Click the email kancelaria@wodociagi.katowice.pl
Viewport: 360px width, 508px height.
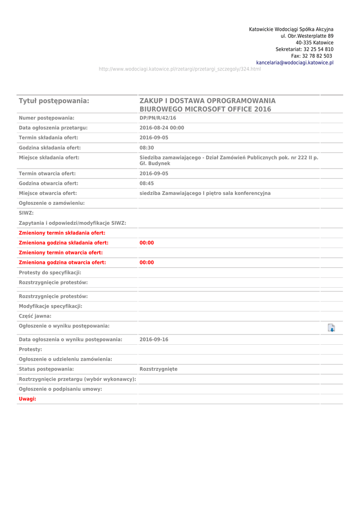294,63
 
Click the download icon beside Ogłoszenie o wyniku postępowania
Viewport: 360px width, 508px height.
331,327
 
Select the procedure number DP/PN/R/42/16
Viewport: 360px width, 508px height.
158,118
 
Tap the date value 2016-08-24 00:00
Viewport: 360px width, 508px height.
162,128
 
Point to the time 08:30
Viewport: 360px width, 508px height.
146,148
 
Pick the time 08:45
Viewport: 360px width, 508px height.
146,184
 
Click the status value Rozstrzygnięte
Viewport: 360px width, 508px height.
158,369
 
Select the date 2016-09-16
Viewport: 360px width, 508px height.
154,340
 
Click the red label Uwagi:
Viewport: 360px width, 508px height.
27,399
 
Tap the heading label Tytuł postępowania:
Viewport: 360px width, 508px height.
54,101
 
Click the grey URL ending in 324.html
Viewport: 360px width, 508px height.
180,69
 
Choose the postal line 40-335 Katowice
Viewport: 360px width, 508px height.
314,43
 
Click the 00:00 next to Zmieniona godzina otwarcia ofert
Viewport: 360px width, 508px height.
146,263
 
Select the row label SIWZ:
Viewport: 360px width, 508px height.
26,213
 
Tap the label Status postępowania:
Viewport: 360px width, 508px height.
46,369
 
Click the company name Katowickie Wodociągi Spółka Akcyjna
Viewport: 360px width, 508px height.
291,30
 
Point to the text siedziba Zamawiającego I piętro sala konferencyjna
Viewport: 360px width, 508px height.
205,193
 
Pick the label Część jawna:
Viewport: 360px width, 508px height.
35,316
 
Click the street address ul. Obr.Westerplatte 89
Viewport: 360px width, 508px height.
307,36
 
